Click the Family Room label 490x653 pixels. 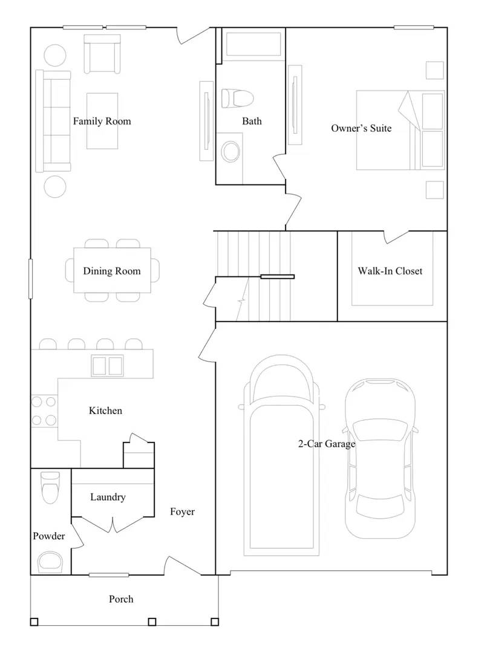coord(102,121)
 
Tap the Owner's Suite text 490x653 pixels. coord(361,128)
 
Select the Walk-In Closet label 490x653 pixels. coord(390,271)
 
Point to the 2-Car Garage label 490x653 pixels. coord(326,444)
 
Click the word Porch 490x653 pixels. coord(121,599)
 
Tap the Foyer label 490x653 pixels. coord(182,512)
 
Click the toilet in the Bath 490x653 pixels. coord(237,97)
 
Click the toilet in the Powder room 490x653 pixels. coord(50,486)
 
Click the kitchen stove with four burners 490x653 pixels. coord(44,411)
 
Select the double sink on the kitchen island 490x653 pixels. coord(107,365)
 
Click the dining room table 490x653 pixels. coord(112,270)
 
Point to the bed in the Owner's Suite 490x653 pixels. coord(400,130)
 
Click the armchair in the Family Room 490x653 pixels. coord(102,54)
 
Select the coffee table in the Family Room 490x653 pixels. coord(102,121)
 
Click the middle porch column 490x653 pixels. coord(152,622)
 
